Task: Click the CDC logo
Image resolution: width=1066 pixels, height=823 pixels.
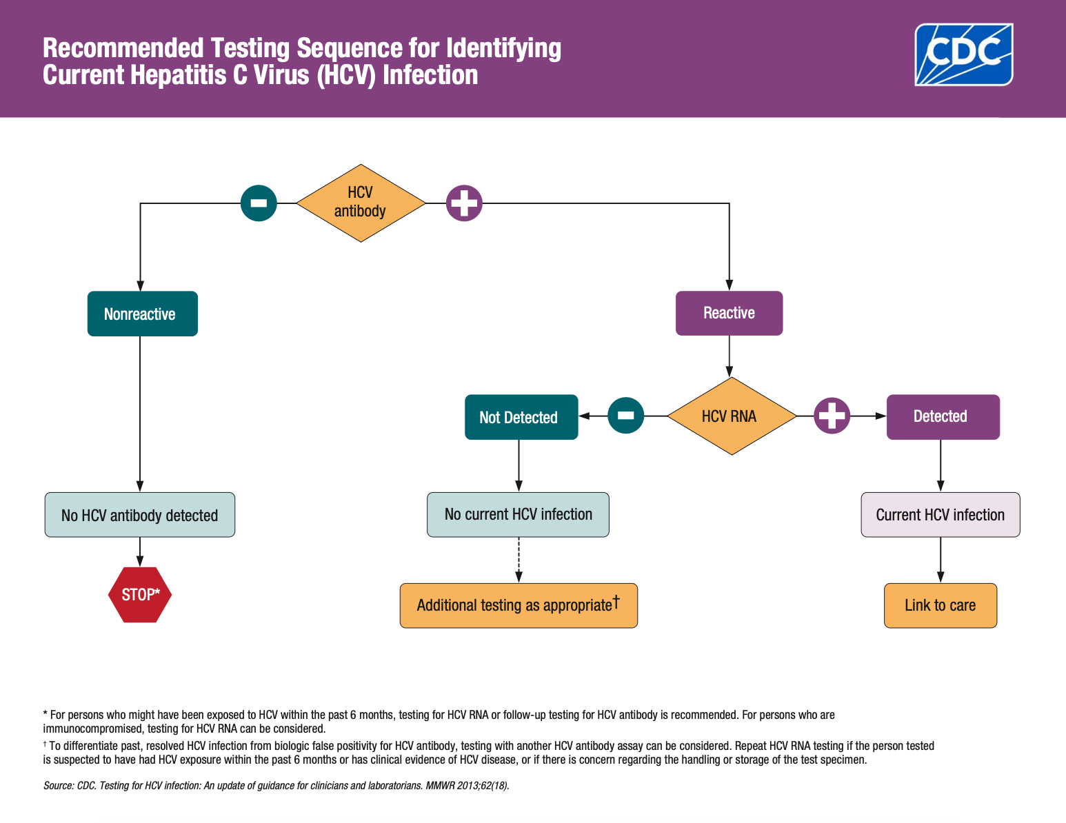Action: (963, 54)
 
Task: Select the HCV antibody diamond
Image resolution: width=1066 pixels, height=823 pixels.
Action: (361, 203)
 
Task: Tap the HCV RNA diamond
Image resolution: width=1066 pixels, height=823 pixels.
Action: (731, 416)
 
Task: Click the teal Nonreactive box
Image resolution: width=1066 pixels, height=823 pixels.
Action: (142, 314)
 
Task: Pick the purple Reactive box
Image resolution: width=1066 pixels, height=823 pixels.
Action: (729, 313)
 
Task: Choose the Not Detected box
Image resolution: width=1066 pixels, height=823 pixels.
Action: (521, 417)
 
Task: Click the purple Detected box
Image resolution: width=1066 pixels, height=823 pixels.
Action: (942, 416)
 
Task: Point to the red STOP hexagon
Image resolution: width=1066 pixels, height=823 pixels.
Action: (140, 594)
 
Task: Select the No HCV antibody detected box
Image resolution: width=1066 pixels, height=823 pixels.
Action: (140, 515)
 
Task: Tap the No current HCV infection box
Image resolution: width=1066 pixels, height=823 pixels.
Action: (518, 514)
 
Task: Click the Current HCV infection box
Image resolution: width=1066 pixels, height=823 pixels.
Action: (940, 515)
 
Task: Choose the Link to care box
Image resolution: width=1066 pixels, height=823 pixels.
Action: (940, 605)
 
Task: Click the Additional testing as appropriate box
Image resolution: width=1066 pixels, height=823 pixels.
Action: (519, 605)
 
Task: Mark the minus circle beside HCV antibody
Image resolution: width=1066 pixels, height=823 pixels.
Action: (259, 203)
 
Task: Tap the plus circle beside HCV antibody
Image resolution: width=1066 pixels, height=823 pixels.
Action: (464, 203)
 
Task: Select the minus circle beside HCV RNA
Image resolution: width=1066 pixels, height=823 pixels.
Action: (625, 416)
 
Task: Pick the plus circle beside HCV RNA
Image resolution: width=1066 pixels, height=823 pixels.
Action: (832, 416)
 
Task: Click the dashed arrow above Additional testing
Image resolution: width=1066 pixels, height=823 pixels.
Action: (519, 560)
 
